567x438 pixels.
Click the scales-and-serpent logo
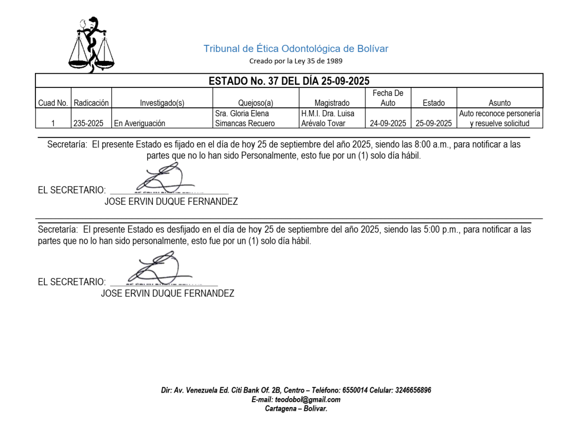[x=91, y=45]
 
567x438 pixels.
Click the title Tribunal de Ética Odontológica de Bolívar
[x=296, y=49]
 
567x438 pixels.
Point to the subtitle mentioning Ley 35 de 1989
[x=296, y=61]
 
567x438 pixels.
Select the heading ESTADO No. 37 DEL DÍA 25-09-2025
[x=288, y=81]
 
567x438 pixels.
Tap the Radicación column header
[x=91, y=102]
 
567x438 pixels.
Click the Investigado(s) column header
[x=162, y=102]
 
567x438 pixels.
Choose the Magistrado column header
[x=332, y=102]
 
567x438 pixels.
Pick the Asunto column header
[x=499, y=102]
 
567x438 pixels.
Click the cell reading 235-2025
[x=89, y=123]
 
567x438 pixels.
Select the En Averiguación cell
[x=140, y=123]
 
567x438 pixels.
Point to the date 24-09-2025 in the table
[x=388, y=123]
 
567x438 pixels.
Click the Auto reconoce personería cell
[x=499, y=118]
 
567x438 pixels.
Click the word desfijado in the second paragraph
[x=181, y=230]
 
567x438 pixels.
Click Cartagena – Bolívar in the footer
[x=296, y=409]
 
